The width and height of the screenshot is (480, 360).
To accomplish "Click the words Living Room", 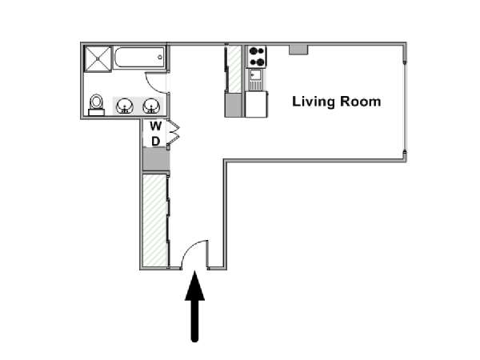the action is [x=337, y=102].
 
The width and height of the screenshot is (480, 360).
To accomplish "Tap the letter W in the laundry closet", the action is [x=156, y=126].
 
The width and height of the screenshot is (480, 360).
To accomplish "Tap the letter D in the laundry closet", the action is [x=156, y=142].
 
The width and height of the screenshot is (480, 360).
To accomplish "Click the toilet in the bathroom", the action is [x=97, y=105].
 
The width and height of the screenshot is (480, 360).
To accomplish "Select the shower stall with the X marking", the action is [x=98, y=59].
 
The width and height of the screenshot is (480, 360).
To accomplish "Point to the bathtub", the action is [x=139, y=58].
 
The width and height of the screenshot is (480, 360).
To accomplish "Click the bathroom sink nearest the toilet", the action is [x=125, y=106].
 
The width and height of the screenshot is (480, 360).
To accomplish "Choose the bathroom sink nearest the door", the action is [x=151, y=106].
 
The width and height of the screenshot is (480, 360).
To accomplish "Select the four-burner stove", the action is [x=257, y=57].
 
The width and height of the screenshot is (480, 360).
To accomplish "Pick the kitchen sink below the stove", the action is [x=255, y=79].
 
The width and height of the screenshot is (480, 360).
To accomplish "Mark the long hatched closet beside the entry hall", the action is [x=155, y=221].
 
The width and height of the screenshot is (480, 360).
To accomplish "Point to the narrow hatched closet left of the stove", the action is [x=235, y=69].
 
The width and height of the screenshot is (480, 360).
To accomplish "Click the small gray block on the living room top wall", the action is [x=298, y=50].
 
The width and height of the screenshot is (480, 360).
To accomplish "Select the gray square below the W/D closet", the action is [x=156, y=159].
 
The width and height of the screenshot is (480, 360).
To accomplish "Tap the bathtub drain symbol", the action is [x=160, y=57].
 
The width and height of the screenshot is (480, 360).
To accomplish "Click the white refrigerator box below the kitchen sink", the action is [x=257, y=104].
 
